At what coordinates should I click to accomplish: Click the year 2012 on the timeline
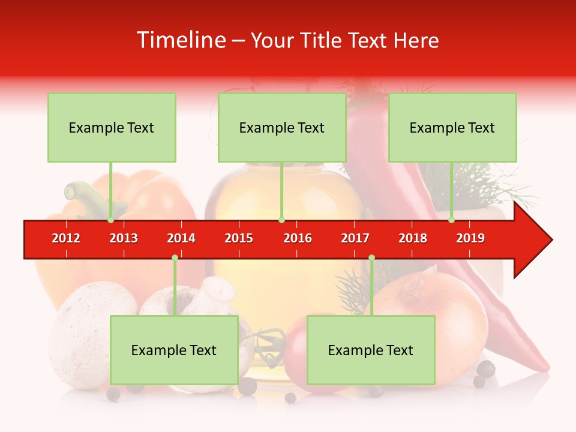click(66, 238)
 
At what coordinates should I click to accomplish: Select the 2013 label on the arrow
click(124, 238)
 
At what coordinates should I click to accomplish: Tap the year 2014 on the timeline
click(181, 238)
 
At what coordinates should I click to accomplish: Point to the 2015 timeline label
click(239, 238)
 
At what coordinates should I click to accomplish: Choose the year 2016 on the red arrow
click(298, 238)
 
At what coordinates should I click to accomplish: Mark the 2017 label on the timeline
click(355, 238)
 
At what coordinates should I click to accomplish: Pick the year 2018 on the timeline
click(413, 238)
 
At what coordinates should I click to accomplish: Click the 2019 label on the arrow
click(470, 238)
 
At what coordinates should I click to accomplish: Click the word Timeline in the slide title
click(181, 40)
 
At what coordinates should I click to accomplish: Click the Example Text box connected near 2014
click(174, 350)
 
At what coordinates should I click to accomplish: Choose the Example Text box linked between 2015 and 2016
click(282, 127)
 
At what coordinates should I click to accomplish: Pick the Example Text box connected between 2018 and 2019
click(452, 127)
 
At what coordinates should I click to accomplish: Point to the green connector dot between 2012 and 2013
click(110, 220)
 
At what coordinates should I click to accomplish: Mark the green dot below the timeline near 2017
click(371, 258)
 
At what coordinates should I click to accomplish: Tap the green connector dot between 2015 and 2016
click(281, 220)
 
